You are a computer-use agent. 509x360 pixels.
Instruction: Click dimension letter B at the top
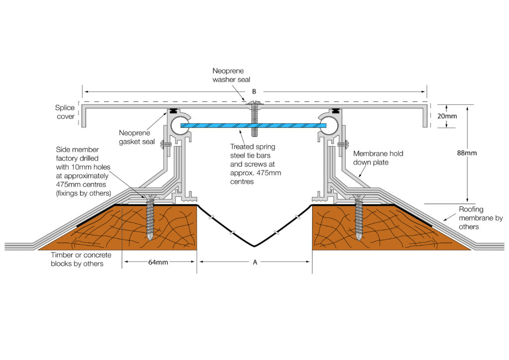tap(254, 91)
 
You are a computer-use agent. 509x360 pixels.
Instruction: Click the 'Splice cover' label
tap(65, 112)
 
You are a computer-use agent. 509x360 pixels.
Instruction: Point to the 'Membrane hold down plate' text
tap(378, 158)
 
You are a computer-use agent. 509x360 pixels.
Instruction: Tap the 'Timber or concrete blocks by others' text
tap(81, 259)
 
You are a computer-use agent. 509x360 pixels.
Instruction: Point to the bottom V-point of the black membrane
tap(255, 246)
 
